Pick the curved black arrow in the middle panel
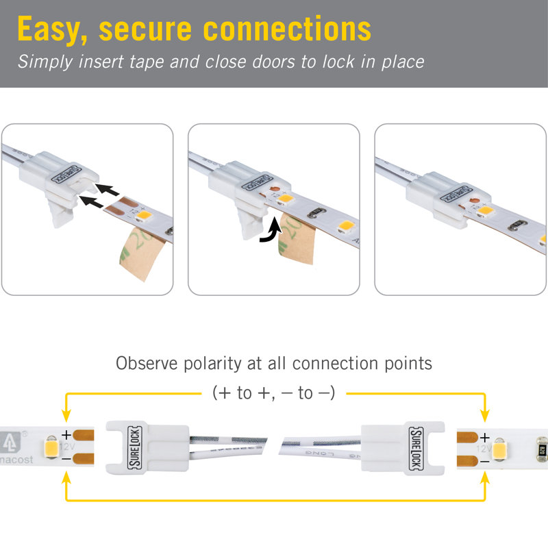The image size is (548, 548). pyautogui.click(x=270, y=232)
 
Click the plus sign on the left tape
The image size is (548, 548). pyautogui.click(x=66, y=434)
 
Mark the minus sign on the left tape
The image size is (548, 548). pyautogui.click(x=66, y=457)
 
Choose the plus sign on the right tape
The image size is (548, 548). pyautogui.click(x=484, y=437)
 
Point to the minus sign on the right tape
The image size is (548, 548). pyautogui.click(x=484, y=462)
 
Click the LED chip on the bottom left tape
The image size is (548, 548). pyautogui.click(x=50, y=446)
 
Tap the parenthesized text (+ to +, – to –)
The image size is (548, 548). pyautogui.click(x=273, y=393)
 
